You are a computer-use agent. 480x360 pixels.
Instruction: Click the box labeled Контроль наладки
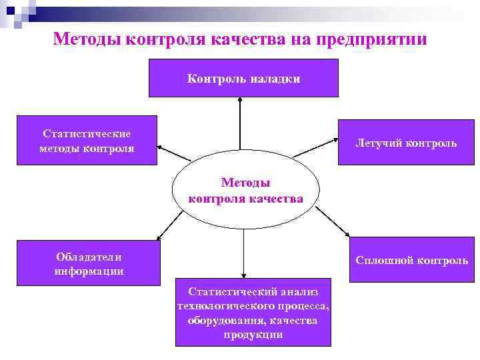click(243, 78)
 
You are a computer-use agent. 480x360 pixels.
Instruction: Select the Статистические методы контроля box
click(87, 141)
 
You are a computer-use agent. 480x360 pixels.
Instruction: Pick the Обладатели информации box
click(88, 263)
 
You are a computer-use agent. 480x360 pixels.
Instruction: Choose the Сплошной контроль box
click(411, 260)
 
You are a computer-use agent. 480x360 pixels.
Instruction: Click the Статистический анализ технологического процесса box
click(253, 312)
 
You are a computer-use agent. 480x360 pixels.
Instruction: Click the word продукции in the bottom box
click(253, 335)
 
